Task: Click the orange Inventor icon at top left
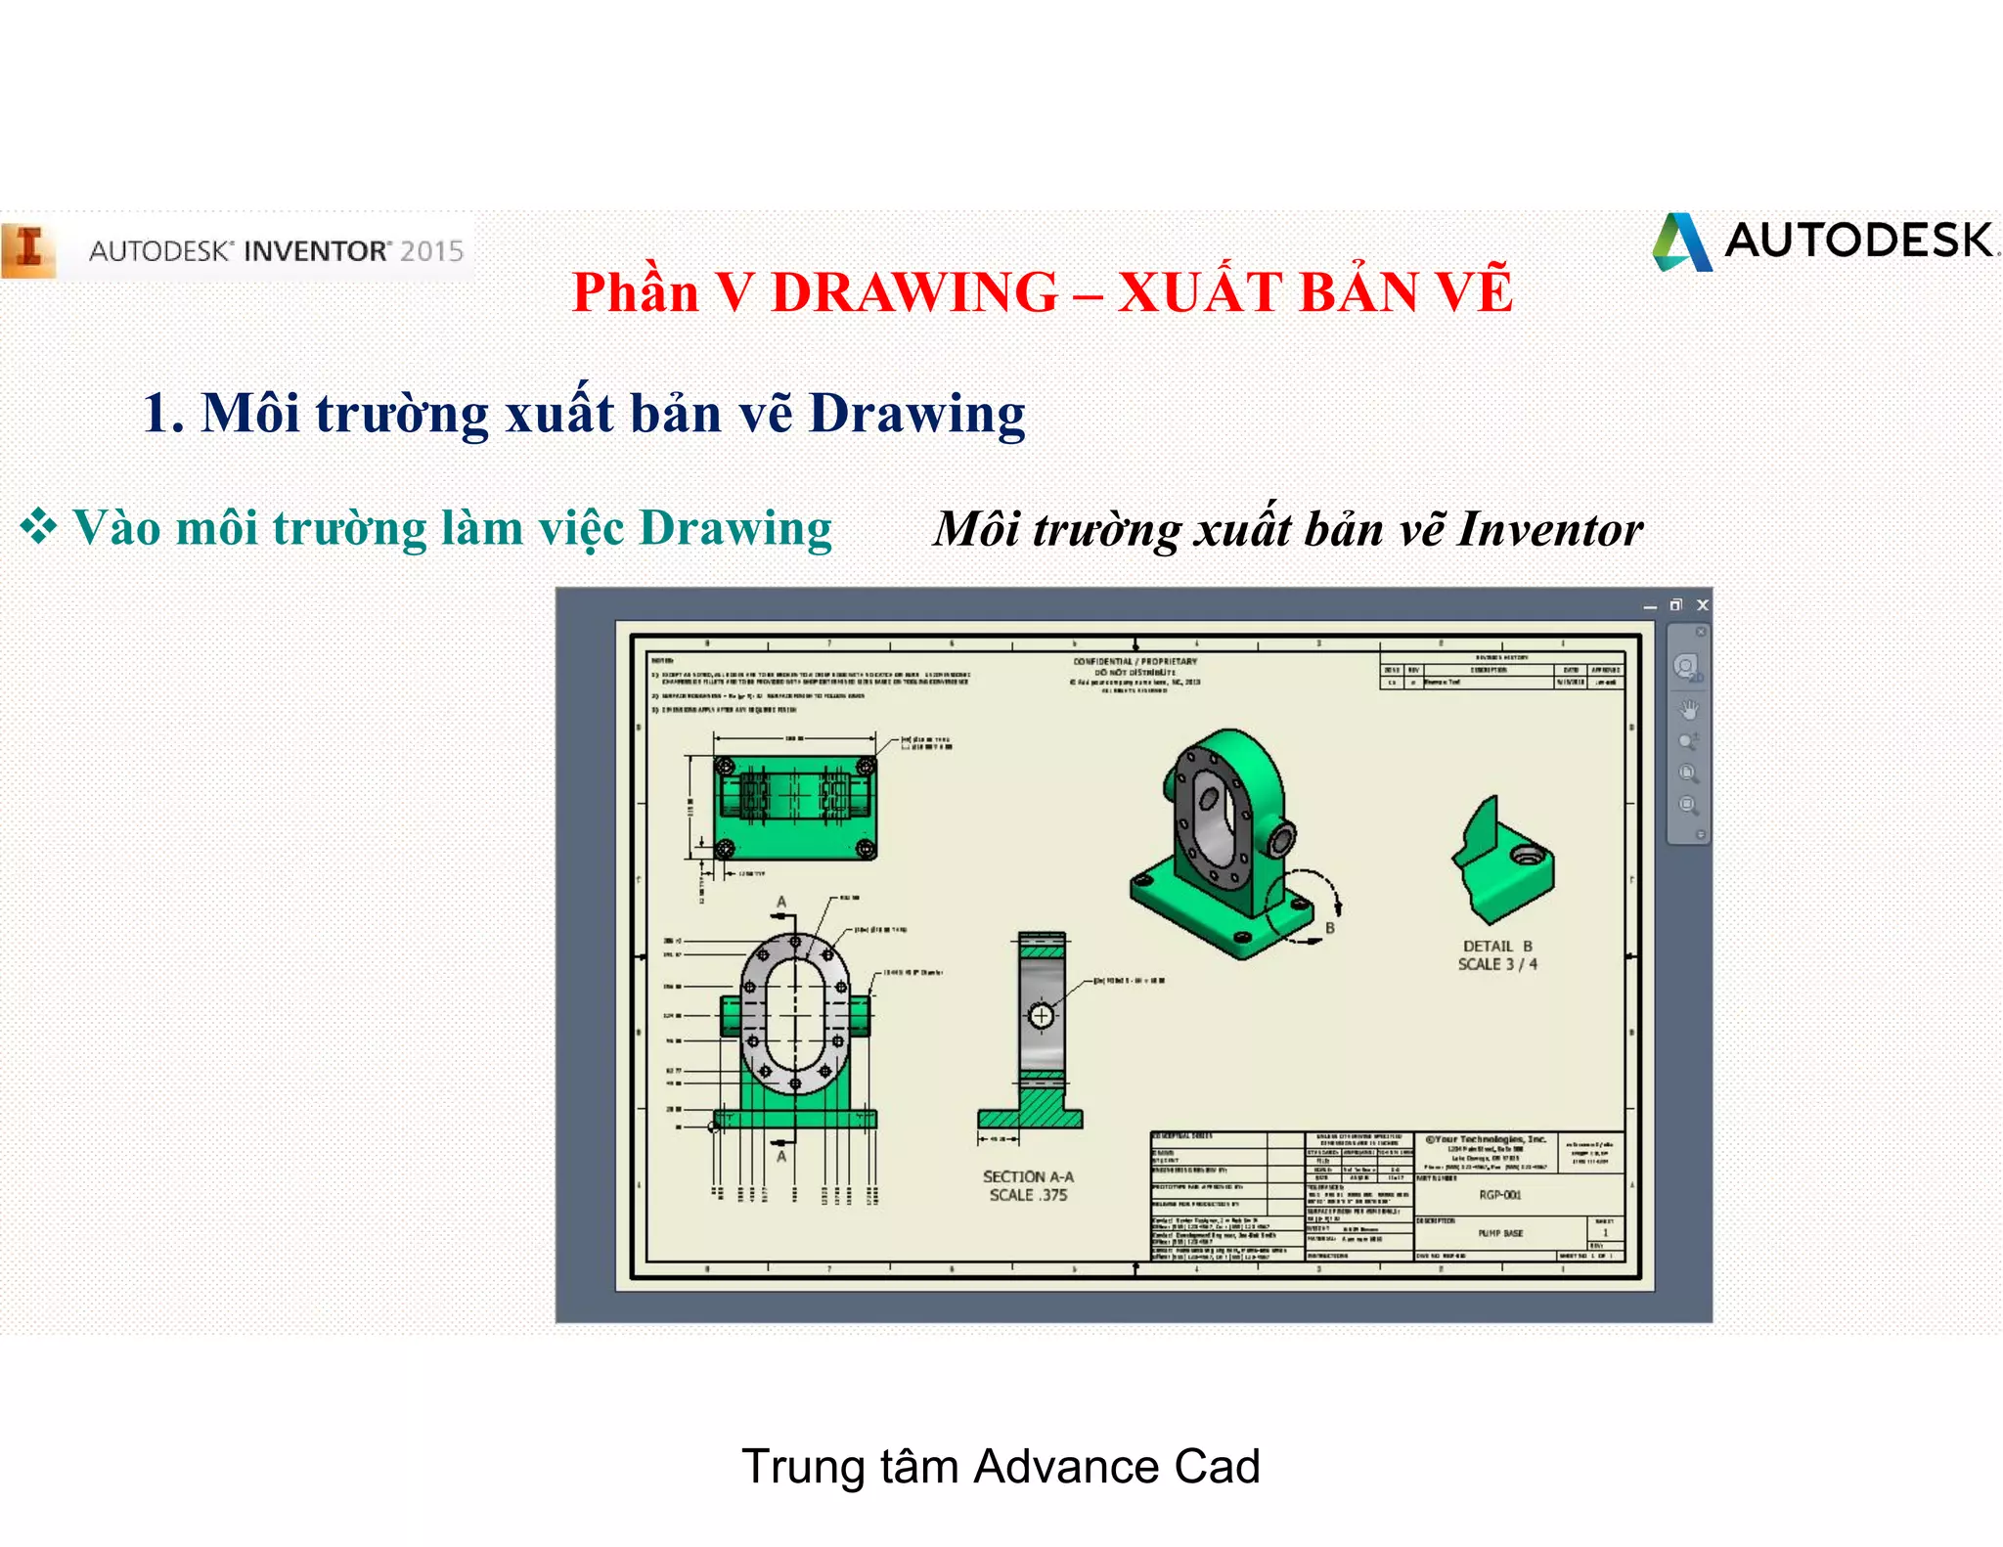(28, 250)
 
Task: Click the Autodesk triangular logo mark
(1682, 243)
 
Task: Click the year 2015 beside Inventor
(431, 251)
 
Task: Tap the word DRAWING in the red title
(914, 292)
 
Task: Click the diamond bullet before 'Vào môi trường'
(39, 526)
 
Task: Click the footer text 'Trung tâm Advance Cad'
(1001, 1466)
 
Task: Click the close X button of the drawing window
(1702, 605)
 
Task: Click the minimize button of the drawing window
(1650, 606)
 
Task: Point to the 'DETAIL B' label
(1497, 946)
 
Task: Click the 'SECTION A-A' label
(1028, 1176)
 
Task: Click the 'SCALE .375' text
(1028, 1195)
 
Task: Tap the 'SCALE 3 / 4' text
(1497, 964)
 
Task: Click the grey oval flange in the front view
(794, 1013)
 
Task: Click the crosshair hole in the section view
(1041, 1016)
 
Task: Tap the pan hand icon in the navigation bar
(1688, 709)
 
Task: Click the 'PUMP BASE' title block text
(1500, 1233)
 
